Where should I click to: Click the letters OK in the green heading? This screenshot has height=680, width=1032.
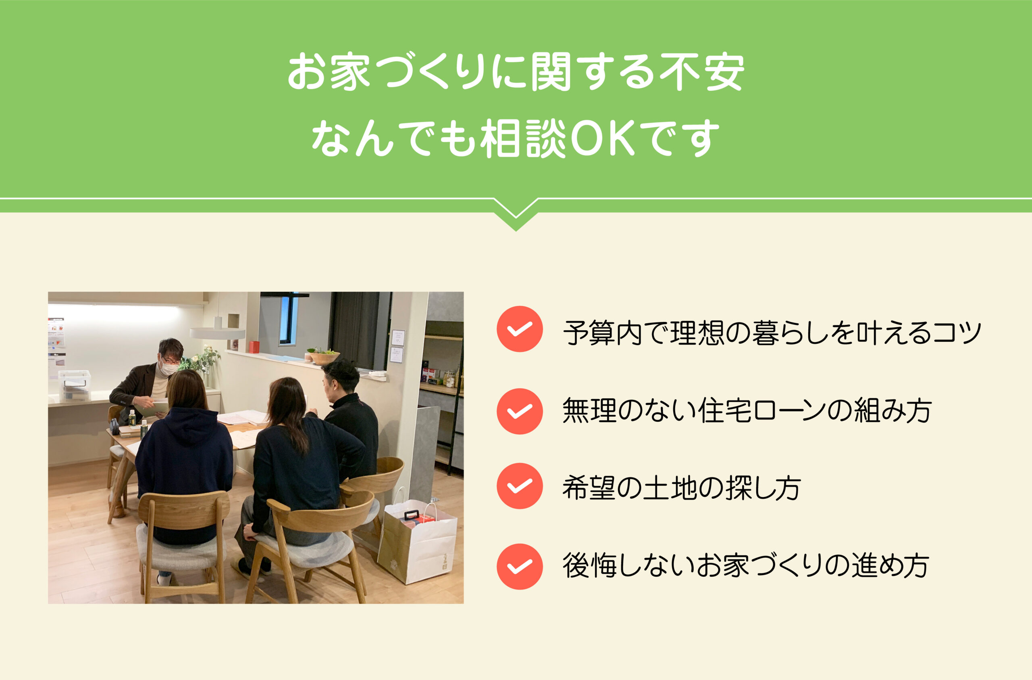[603, 138]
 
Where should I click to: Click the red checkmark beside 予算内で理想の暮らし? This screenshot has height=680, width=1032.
[520, 329]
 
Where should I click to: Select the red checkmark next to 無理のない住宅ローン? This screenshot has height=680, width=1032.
[520, 411]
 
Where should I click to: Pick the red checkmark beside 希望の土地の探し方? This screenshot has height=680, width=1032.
[520, 486]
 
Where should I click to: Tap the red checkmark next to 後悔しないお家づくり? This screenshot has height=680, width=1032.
[520, 567]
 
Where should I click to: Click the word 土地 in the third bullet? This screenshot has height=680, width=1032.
[670, 488]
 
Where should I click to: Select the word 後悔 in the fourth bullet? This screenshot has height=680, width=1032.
[589, 565]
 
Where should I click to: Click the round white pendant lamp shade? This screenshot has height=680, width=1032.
[218, 333]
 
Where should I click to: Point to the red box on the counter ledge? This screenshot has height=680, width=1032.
[254, 347]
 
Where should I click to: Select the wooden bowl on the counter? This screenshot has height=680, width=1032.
[324, 358]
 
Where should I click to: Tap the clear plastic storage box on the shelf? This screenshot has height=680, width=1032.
[75, 385]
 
